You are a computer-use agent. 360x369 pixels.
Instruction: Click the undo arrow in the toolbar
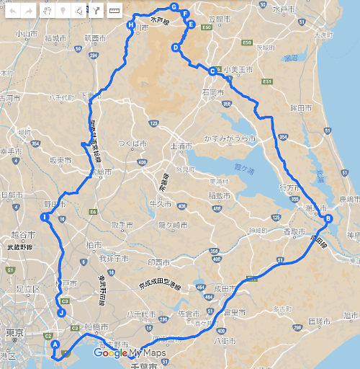tap(12, 11)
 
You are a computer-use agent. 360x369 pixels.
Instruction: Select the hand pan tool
tap(48, 11)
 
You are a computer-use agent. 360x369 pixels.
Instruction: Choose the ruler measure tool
tap(113, 11)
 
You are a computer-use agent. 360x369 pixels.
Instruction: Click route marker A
tap(55, 344)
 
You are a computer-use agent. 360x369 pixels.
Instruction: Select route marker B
tap(328, 219)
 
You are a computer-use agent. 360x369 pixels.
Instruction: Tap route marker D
tap(176, 48)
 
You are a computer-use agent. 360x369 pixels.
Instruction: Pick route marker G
tap(174, 6)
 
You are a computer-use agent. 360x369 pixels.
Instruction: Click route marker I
tap(45, 217)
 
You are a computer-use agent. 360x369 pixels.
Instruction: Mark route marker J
tap(61, 313)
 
